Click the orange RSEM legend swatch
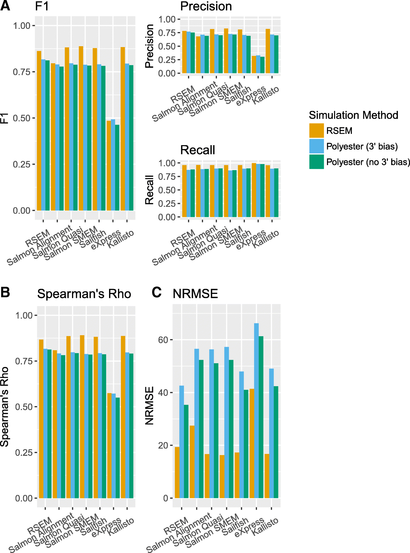[x=316, y=131]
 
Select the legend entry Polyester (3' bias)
[x=362, y=146]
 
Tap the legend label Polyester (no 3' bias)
[x=368, y=162]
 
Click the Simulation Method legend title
[x=353, y=115]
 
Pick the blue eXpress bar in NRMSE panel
[x=256, y=410]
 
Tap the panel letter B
[x=5, y=292]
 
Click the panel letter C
[x=156, y=292]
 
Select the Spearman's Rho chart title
[x=84, y=294]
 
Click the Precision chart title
[x=206, y=6]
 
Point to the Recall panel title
[x=197, y=150]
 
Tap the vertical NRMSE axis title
[x=149, y=405]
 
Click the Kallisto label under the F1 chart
[x=121, y=239]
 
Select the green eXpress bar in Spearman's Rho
[x=118, y=448]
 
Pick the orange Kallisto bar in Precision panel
[x=268, y=51]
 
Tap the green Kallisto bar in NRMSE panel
[x=276, y=442]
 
